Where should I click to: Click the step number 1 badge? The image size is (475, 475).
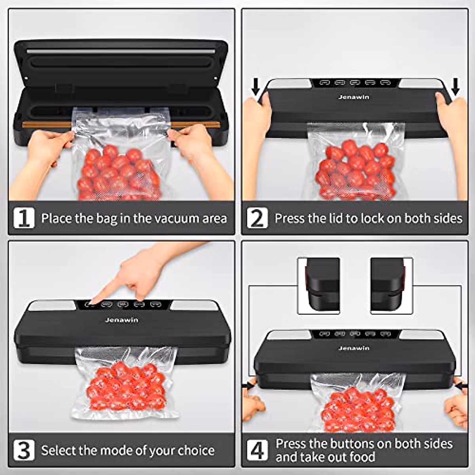(x=24, y=218)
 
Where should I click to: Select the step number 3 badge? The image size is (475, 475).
(x=24, y=450)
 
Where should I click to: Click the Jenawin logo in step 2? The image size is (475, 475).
(x=353, y=97)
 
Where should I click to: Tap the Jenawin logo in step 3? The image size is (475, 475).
(x=122, y=320)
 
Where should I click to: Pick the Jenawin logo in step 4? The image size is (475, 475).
(x=353, y=348)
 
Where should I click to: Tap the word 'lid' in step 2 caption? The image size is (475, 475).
(x=336, y=218)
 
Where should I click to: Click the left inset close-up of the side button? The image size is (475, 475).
(x=319, y=286)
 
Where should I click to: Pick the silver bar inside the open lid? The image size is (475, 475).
(x=121, y=51)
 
